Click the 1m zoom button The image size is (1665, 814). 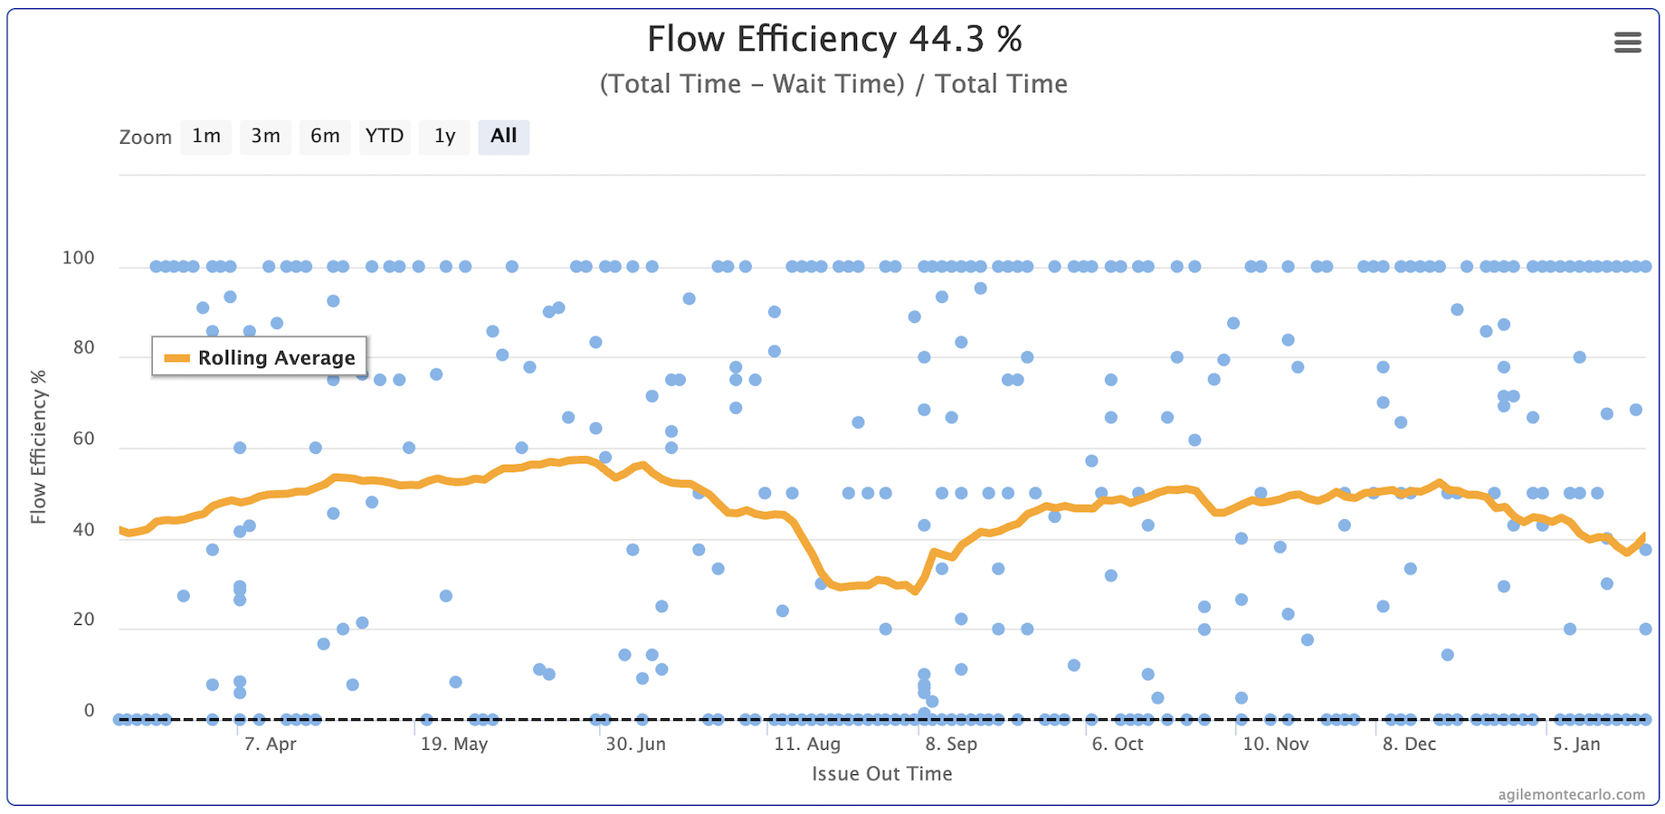[x=206, y=137]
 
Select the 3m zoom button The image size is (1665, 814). [x=265, y=137]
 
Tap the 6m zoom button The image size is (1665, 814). [x=325, y=137]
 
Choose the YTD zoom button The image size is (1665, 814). [x=385, y=137]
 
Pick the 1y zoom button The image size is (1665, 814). [x=444, y=137]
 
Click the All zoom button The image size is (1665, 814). [x=504, y=137]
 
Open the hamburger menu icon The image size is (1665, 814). [x=1627, y=43]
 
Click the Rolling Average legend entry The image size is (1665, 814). [x=260, y=357]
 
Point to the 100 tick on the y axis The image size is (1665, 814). [x=79, y=258]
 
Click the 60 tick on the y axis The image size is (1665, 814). [x=83, y=439]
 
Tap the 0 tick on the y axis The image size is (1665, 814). [x=89, y=710]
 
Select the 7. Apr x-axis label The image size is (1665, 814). [x=271, y=744]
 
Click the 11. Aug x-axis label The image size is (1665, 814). [x=807, y=744]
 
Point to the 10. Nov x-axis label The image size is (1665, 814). [x=1276, y=744]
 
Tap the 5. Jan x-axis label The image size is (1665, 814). [x=1576, y=744]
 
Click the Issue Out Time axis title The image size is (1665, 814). [x=881, y=774]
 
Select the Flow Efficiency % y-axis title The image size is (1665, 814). [x=38, y=447]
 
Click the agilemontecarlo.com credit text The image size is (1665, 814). [x=1571, y=795]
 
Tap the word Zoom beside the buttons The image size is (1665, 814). [x=146, y=137]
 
